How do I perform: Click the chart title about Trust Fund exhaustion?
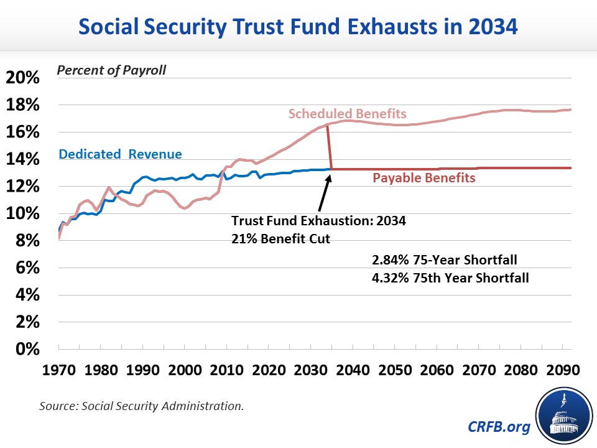point(298,27)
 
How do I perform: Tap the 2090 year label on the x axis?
point(563,368)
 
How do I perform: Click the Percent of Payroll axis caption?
point(111,70)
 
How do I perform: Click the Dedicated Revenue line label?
point(120,155)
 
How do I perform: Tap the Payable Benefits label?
point(423,179)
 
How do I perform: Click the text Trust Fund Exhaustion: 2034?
point(318,221)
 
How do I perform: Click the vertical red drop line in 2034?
point(329,147)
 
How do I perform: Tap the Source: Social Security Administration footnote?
point(141,406)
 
